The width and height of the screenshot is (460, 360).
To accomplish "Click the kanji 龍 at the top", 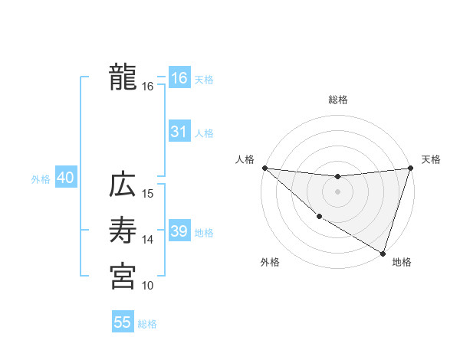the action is click(123, 77).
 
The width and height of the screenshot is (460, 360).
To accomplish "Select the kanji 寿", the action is click(123, 230).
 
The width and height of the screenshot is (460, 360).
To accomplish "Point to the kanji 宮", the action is click(123, 276).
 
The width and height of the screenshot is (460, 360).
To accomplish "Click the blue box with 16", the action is click(179, 77).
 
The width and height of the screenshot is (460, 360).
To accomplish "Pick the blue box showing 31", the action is click(179, 132).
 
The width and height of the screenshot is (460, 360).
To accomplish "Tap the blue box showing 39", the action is click(179, 231).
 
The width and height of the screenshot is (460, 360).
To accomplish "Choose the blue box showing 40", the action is click(65, 178).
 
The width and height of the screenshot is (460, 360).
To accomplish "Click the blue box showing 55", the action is click(123, 322).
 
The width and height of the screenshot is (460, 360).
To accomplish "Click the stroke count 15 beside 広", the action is click(148, 193).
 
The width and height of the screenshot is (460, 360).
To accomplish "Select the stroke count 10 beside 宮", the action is click(148, 286).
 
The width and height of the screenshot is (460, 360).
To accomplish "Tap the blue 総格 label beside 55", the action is click(147, 324).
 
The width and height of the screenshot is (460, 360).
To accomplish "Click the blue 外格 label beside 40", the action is click(41, 179).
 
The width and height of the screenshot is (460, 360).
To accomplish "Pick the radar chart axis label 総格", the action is click(338, 100).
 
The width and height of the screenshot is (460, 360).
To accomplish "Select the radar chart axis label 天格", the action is click(431, 159).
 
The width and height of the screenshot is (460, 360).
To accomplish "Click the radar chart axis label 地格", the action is click(402, 262).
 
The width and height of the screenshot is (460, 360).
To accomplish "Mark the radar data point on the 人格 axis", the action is click(264, 168).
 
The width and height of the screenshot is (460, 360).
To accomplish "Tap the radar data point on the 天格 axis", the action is click(410, 168).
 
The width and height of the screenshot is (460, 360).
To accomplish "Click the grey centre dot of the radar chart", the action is click(337, 191).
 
